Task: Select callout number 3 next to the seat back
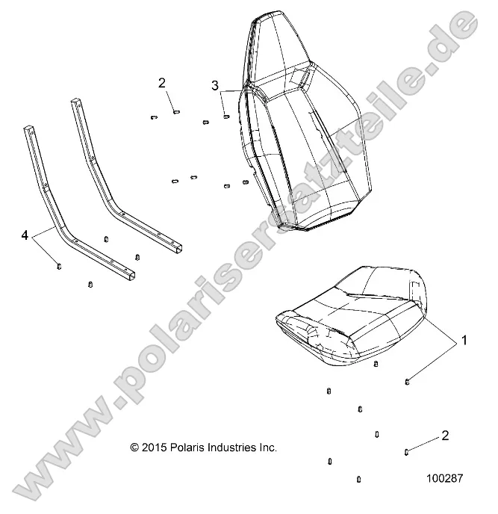click(x=215, y=85)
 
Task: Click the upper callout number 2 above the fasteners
click(x=161, y=82)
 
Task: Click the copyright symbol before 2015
click(x=134, y=448)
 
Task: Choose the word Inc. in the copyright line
click(x=269, y=448)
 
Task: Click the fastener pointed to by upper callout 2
click(x=175, y=112)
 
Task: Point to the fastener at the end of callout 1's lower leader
click(x=407, y=382)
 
